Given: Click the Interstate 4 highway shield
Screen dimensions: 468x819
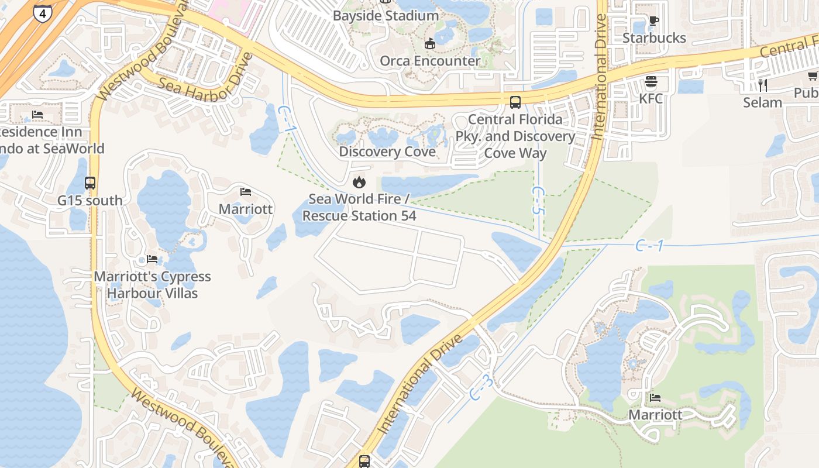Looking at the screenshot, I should (x=42, y=13).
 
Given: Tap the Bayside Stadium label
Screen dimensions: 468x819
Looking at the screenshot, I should (x=386, y=16).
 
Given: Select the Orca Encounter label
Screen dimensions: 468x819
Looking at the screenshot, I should (x=430, y=61).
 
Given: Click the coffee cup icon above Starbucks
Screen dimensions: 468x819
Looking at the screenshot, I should (x=653, y=22).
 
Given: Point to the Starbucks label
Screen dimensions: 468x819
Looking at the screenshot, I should (x=653, y=38).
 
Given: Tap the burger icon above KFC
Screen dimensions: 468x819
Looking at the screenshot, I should (x=651, y=81).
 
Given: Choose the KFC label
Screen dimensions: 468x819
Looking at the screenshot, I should (x=651, y=98).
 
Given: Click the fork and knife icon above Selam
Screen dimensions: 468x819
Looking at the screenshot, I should (x=762, y=85).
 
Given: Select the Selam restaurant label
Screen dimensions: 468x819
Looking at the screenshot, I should (x=762, y=102).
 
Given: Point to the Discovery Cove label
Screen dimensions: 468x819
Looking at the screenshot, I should (x=387, y=152).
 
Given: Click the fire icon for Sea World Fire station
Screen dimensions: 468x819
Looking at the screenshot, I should (x=359, y=183).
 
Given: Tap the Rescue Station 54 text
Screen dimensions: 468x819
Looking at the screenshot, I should (x=359, y=215).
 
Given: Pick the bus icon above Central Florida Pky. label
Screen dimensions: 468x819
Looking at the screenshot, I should (x=515, y=102).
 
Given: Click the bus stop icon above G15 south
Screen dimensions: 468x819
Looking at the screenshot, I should (x=90, y=183).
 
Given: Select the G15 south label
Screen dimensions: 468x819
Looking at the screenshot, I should (x=90, y=200).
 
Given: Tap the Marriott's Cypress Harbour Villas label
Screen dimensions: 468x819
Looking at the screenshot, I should (x=152, y=284).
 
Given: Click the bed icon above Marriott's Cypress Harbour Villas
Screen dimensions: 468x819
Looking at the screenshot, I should (x=152, y=259).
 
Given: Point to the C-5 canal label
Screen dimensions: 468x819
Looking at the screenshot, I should (x=539, y=201).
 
